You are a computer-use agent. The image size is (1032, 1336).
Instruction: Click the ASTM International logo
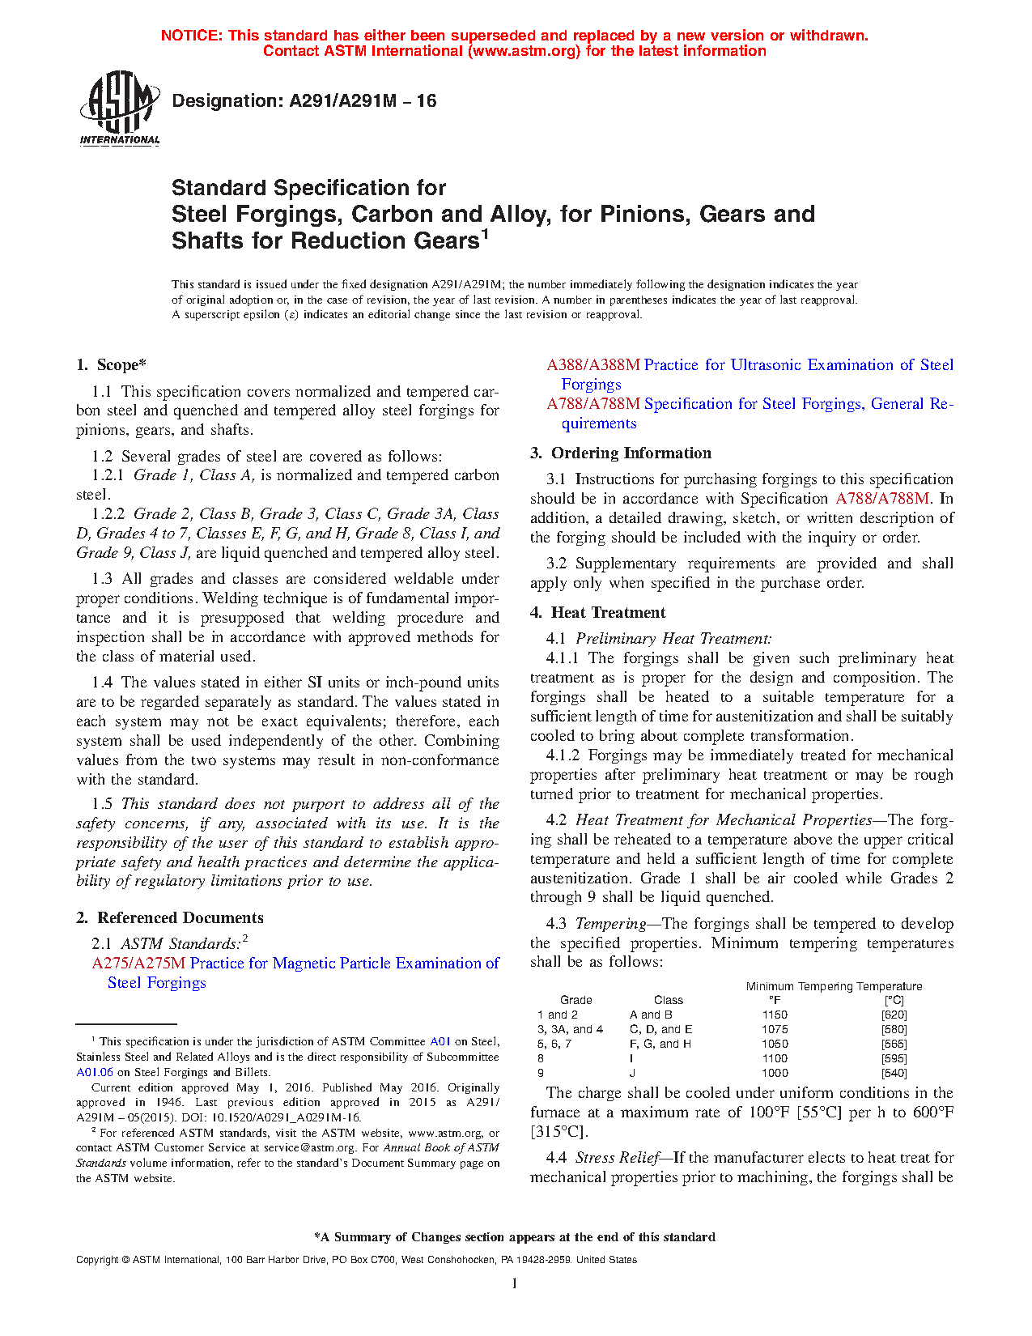pyautogui.click(x=120, y=108)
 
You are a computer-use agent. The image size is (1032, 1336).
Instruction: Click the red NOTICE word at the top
pyautogui.click(x=191, y=36)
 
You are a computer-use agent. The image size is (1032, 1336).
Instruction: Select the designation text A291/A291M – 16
pyautogui.click(x=304, y=101)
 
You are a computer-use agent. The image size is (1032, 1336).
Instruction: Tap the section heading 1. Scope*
pyautogui.click(x=111, y=365)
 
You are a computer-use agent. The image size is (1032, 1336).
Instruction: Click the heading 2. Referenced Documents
pyautogui.click(x=170, y=917)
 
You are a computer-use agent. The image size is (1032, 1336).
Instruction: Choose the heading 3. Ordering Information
pyautogui.click(x=621, y=453)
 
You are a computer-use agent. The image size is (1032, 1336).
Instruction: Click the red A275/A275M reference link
pyautogui.click(x=138, y=963)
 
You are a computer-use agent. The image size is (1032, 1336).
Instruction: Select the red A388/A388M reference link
pyautogui.click(x=593, y=365)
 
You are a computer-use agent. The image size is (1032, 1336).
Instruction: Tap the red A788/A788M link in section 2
pyautogui.click(x=593, y=403)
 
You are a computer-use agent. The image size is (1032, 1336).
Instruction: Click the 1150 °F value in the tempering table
pyautogui.click(x=775, y=1015)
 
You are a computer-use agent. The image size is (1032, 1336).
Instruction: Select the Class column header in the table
pyautogui.click(x=669, y=1000)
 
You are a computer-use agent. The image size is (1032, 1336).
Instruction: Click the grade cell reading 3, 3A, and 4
pyautogui.click(x=570, y=1029)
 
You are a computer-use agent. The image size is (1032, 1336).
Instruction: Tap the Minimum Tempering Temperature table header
pyautogui.click(x=834, y=986)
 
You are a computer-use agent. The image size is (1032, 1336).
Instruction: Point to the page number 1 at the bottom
pyautogui.click(x=514, y=1283)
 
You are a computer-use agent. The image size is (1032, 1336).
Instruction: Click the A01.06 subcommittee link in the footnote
pyautogui.click(x=95, y=1072)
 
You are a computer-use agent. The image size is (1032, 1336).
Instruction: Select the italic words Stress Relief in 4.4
pyautogui.click(x=617, y=1158)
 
